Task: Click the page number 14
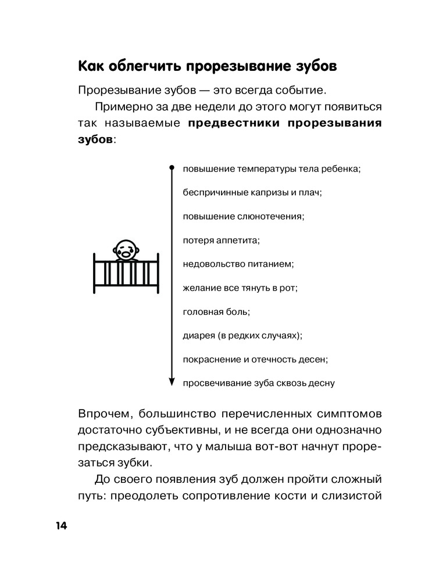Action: [x=61, y=526]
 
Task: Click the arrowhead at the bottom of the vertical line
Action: [x=172, y=381]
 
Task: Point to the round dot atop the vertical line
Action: [x=172, y=168]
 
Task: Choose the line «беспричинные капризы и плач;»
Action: [x=252, y=192]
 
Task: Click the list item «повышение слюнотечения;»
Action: [x=244, y=216]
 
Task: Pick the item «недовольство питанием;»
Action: [x=238, y=264]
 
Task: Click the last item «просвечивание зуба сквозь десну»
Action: [x=259, y=383]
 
